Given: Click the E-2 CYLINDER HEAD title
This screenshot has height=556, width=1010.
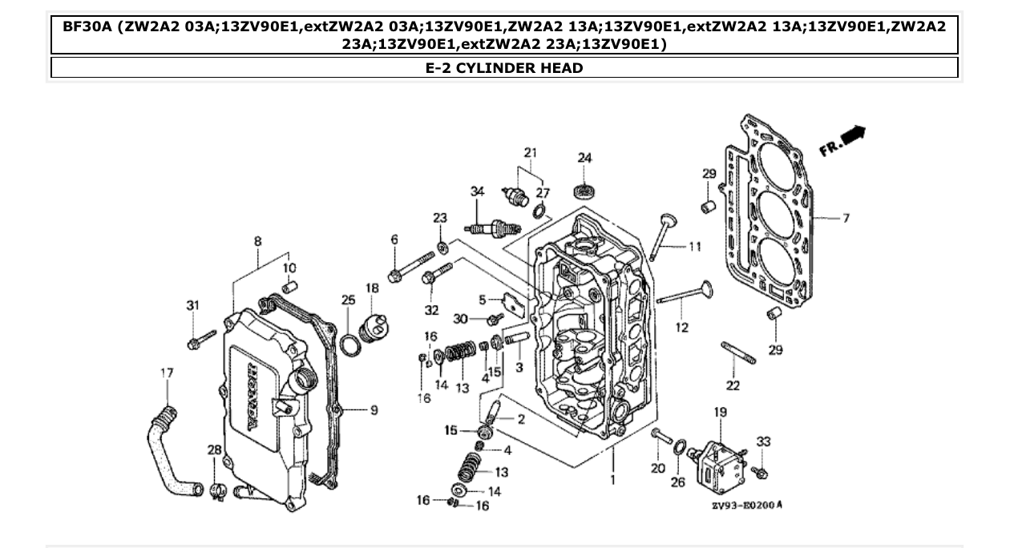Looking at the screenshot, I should click(x=504, y=68).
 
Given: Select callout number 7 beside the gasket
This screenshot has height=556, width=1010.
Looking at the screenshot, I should click(x=845, y=218).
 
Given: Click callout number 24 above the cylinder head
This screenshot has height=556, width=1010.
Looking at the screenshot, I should click(x=584, y=158).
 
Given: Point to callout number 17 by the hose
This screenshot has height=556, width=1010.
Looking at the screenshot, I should click(x=167, y=373).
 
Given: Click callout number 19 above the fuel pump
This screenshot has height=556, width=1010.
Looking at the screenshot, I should click(x=720, y=412).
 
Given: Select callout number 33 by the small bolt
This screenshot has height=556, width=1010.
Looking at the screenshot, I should click(x=763, y=441).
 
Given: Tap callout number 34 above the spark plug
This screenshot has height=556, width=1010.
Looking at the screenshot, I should click(x=478, y=191).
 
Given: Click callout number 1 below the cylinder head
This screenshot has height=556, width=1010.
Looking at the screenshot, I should click(x=613, y=480).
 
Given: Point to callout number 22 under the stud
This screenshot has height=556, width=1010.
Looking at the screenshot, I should click(x=733, y=385).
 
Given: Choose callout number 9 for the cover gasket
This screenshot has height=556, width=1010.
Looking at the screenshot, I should click(x=374, y=410).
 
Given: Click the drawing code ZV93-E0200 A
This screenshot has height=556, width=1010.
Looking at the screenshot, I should click(x=746, y=506).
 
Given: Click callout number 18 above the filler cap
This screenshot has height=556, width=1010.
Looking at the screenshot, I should click(x=373, y=288).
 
